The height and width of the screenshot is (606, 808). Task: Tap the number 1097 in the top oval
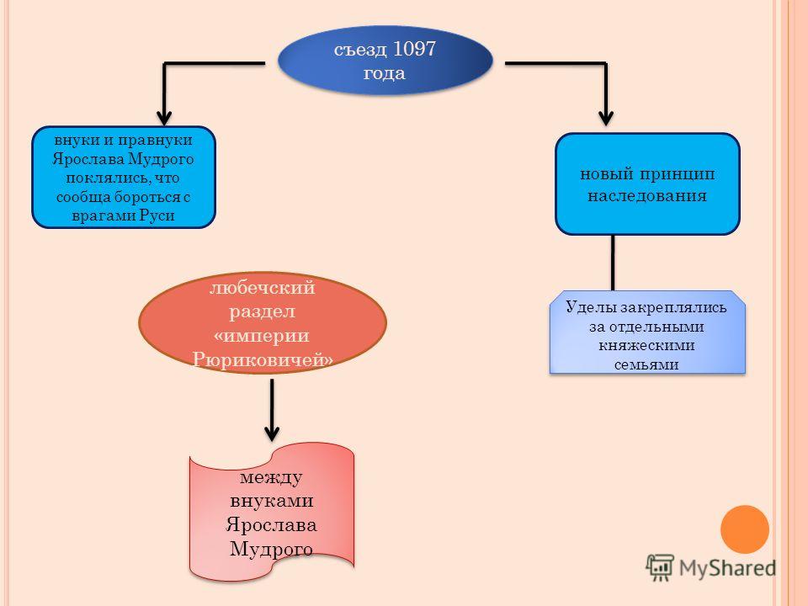[x=407, y=49]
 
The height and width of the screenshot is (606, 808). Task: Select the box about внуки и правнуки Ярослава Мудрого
[x=124, y=178]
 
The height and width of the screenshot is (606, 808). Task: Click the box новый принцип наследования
[x=647, y=183]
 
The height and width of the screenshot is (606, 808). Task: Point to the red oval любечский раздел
[x=262, y=323]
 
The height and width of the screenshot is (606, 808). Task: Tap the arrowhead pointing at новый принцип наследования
[x=606, y=115]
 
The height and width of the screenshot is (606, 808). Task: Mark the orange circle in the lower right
[x=746, y=528]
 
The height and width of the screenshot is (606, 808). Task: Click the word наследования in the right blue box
[x=647, y=195]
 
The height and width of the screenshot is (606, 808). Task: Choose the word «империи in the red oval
[x=262, y=334]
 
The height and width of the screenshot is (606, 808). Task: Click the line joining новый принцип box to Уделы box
[x=613, y=263]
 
